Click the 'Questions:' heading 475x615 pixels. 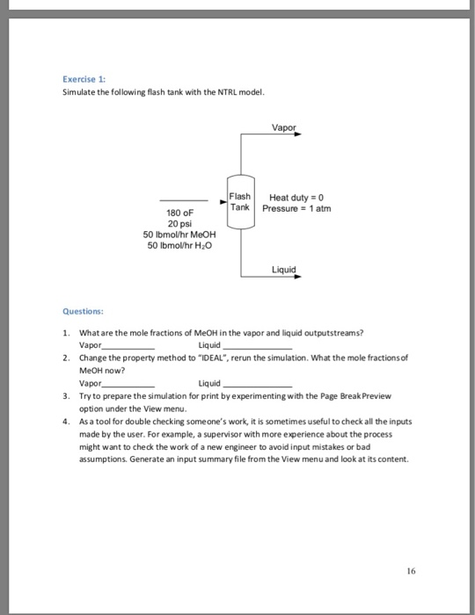click(84, 309)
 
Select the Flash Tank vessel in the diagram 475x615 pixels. click(240, 201)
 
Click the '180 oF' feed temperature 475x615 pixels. click(179, 213)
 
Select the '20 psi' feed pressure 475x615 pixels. click(179, 223)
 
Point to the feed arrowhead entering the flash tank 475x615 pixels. click(223, 201)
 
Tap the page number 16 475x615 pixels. click(411, 569)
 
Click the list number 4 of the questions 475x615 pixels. click(67, 422)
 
